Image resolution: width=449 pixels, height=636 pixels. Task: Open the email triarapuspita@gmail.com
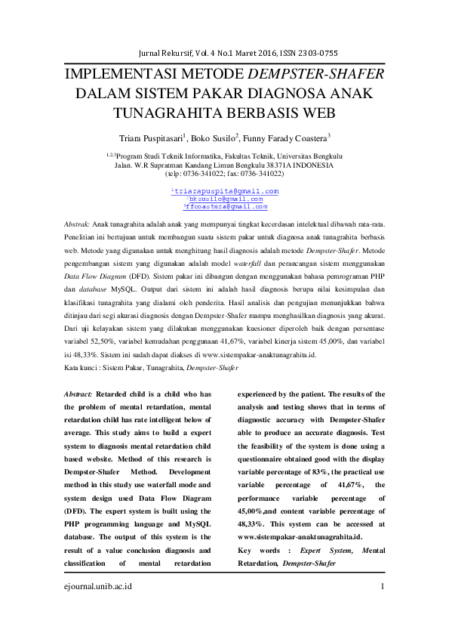[226, 191]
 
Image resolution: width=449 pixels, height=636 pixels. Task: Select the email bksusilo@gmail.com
[226, 199]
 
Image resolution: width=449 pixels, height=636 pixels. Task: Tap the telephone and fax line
[224, 173]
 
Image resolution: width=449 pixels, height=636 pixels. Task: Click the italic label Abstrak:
[75, 225]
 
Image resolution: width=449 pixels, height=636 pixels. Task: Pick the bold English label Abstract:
[78, 394]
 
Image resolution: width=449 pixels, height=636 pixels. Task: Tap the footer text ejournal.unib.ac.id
[96, 586]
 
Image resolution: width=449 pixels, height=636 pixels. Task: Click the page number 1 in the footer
[383, 586]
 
